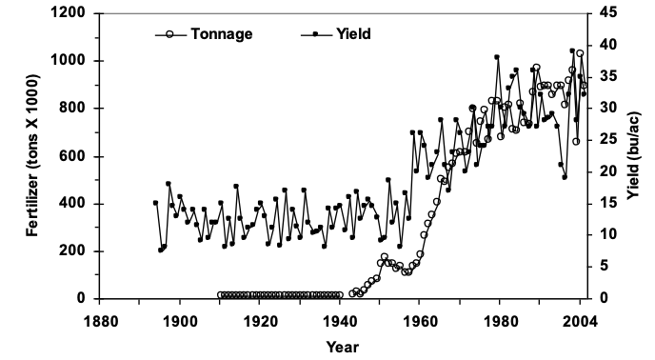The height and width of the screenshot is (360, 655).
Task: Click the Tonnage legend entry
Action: pyautogui.click(x=220, y=34)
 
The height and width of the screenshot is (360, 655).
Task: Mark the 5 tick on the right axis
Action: pyautogui.click(x=605, y=267)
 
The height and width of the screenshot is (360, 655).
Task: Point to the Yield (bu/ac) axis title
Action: pyautogui.click(x=634, y=156)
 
